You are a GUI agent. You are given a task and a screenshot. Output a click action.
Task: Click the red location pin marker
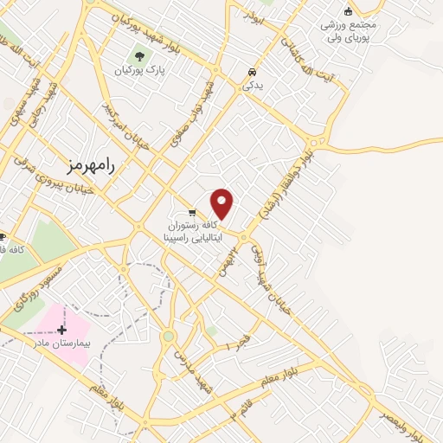(x=222, y=203)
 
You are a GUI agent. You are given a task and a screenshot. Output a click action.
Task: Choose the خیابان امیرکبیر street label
(x=125, y=127)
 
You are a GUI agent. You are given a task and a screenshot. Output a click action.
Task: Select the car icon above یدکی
(x=251, y=72)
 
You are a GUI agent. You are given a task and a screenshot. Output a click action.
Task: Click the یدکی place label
(x=251, y=86)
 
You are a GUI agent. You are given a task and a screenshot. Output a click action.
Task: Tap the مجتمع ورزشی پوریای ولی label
(x=348, y=31)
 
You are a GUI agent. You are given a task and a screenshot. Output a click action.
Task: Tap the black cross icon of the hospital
(x=61, y=330)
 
